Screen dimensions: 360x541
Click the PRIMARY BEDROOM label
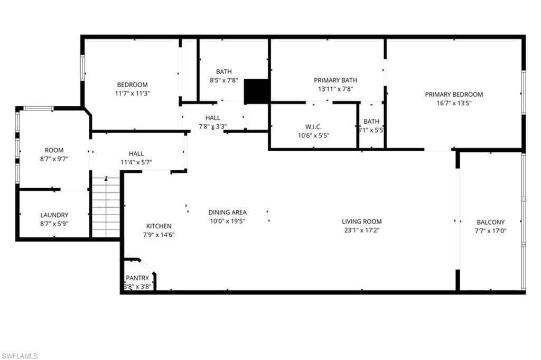[x=454, y=95]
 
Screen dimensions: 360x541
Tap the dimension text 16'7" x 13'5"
[x=454, y=104]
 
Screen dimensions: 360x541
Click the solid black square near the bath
[x=257, y=91]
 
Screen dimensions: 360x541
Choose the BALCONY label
[x=491, y=223]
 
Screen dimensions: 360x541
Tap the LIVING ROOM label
[x=361, y=221]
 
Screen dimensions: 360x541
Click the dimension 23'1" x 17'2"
[x=361, y=230]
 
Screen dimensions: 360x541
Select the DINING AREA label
[x=227, y=213]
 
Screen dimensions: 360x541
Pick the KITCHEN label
[x=159, y=226]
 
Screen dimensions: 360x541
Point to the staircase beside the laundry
[x=106, y=207]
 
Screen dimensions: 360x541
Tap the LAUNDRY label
[x=54, y=215]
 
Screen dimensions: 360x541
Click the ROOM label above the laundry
[x=54, y=150]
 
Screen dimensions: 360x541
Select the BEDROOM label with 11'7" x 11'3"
[x=132, y=85]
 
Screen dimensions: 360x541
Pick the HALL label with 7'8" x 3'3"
[x=213, y=118]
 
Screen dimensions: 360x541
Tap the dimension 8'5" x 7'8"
[x=223, y=81]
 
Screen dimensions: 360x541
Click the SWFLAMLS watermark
[x=20, y=356]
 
